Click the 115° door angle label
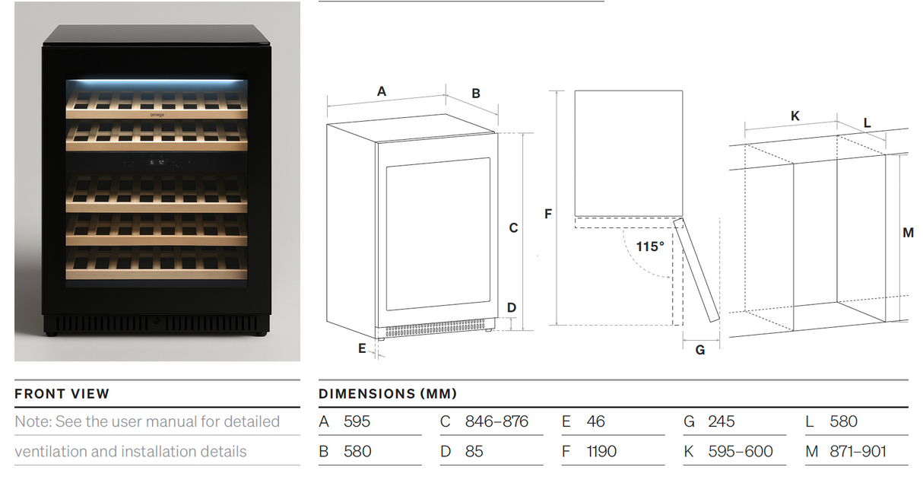coord(650,246)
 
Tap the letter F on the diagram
coord(548,214)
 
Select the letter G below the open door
coord(700,350)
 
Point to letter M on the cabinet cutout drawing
coord(908,233)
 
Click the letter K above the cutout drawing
coord(795,116)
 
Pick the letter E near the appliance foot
coord(362,348)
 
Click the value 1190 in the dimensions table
coord(601,452)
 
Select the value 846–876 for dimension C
coord(496,421)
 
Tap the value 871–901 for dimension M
coord(858,452)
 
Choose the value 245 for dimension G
coord(722,421)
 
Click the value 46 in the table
coord(596,421)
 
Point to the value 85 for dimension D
coord(474,452)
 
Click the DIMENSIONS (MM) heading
coord(388,394)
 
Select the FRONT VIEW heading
coord(62,394)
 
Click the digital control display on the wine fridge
coord(157,162)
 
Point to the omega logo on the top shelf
coord(157,115)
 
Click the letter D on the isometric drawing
coord(512,307)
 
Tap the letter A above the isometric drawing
coord(382,91)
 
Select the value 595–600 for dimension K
coord(741,452)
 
